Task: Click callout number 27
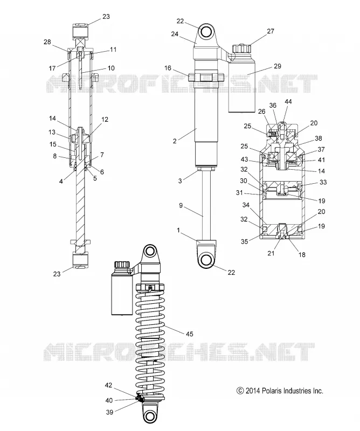[x=271, y=31]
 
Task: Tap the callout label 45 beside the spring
[x=190, y=334]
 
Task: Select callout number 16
[x=168, y=68]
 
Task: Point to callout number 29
[x=278, y=66]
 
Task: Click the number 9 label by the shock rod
[x=181, y=205]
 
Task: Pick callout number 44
[x=288, y=102]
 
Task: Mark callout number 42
[x=109, y=385]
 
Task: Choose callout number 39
[x=109, y=412]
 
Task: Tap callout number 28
[x=47, y=42]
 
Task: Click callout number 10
[x=111, y=68]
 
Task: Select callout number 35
[x=245, y=241]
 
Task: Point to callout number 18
[x=302, y=254]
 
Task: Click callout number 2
[x=175, y=141]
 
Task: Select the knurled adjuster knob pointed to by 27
[x=242, y=49]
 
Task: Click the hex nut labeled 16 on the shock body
[x=206, y=78]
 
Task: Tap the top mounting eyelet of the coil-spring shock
[x=150, y=252]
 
